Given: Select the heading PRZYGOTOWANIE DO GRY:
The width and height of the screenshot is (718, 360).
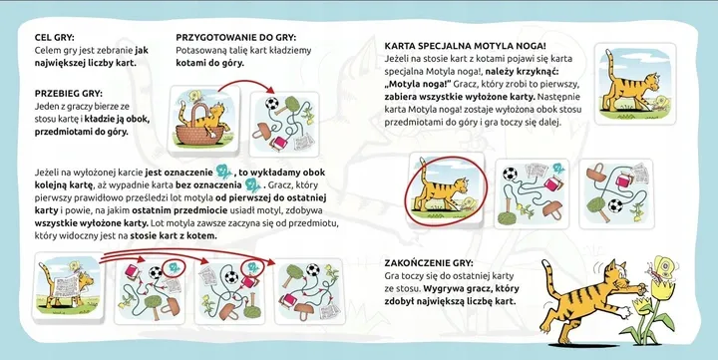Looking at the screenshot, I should coord(234,34).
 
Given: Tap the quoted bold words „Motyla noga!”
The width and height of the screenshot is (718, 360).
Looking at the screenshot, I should coord(416,85).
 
